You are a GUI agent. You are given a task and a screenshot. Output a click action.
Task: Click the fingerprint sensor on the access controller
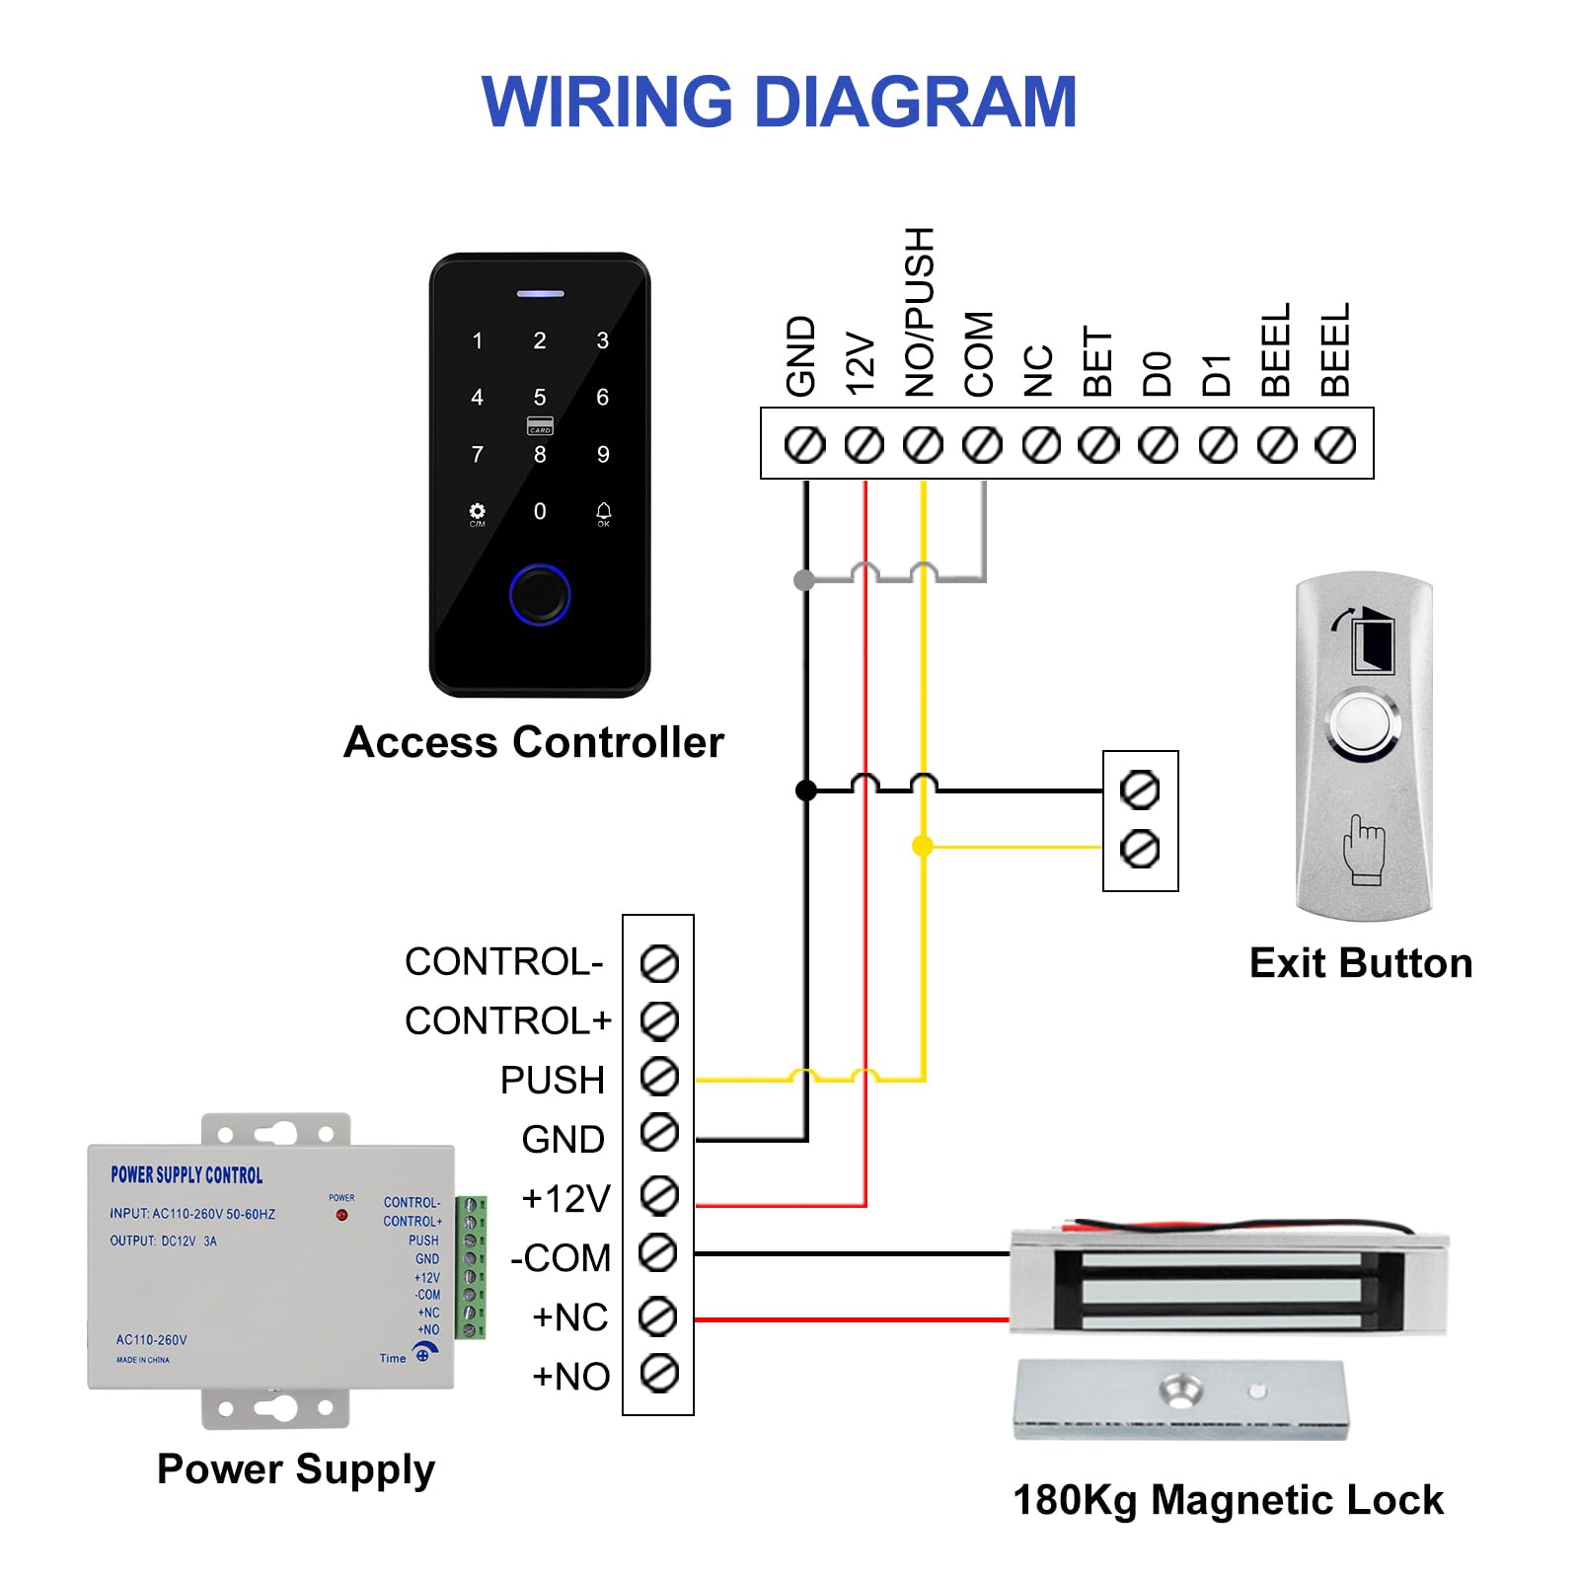point(540,594)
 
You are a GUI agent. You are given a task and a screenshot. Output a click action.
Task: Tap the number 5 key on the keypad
point(540,397)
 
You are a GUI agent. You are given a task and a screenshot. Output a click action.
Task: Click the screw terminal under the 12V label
point(865,445)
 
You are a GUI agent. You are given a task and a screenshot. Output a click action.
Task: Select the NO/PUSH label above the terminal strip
point(920,312)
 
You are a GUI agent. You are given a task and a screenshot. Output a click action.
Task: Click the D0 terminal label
point(1157,374)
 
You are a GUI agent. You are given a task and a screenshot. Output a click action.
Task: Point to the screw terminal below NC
point(1041,445)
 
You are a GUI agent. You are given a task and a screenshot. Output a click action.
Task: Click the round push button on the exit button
point(1364,725)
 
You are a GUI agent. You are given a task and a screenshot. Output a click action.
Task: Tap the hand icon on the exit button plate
point(1365,849)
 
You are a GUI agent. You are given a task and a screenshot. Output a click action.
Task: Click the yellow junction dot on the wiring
point(923,846)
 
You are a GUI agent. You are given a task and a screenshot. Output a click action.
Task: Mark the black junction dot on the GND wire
point(806,789)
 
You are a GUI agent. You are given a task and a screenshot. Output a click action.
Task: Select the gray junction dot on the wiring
point(804,579)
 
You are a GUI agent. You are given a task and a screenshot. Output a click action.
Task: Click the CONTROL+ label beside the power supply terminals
point(508,1020)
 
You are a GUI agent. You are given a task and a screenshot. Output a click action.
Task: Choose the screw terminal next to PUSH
point(659,1077)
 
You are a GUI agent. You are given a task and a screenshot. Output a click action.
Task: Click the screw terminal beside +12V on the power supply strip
point(659,1196)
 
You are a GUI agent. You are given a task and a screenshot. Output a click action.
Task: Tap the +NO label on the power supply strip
point(571,1377)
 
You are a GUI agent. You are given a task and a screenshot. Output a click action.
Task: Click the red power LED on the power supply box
point(341,1215)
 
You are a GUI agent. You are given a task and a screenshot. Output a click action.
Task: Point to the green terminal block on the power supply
point(471,1267)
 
